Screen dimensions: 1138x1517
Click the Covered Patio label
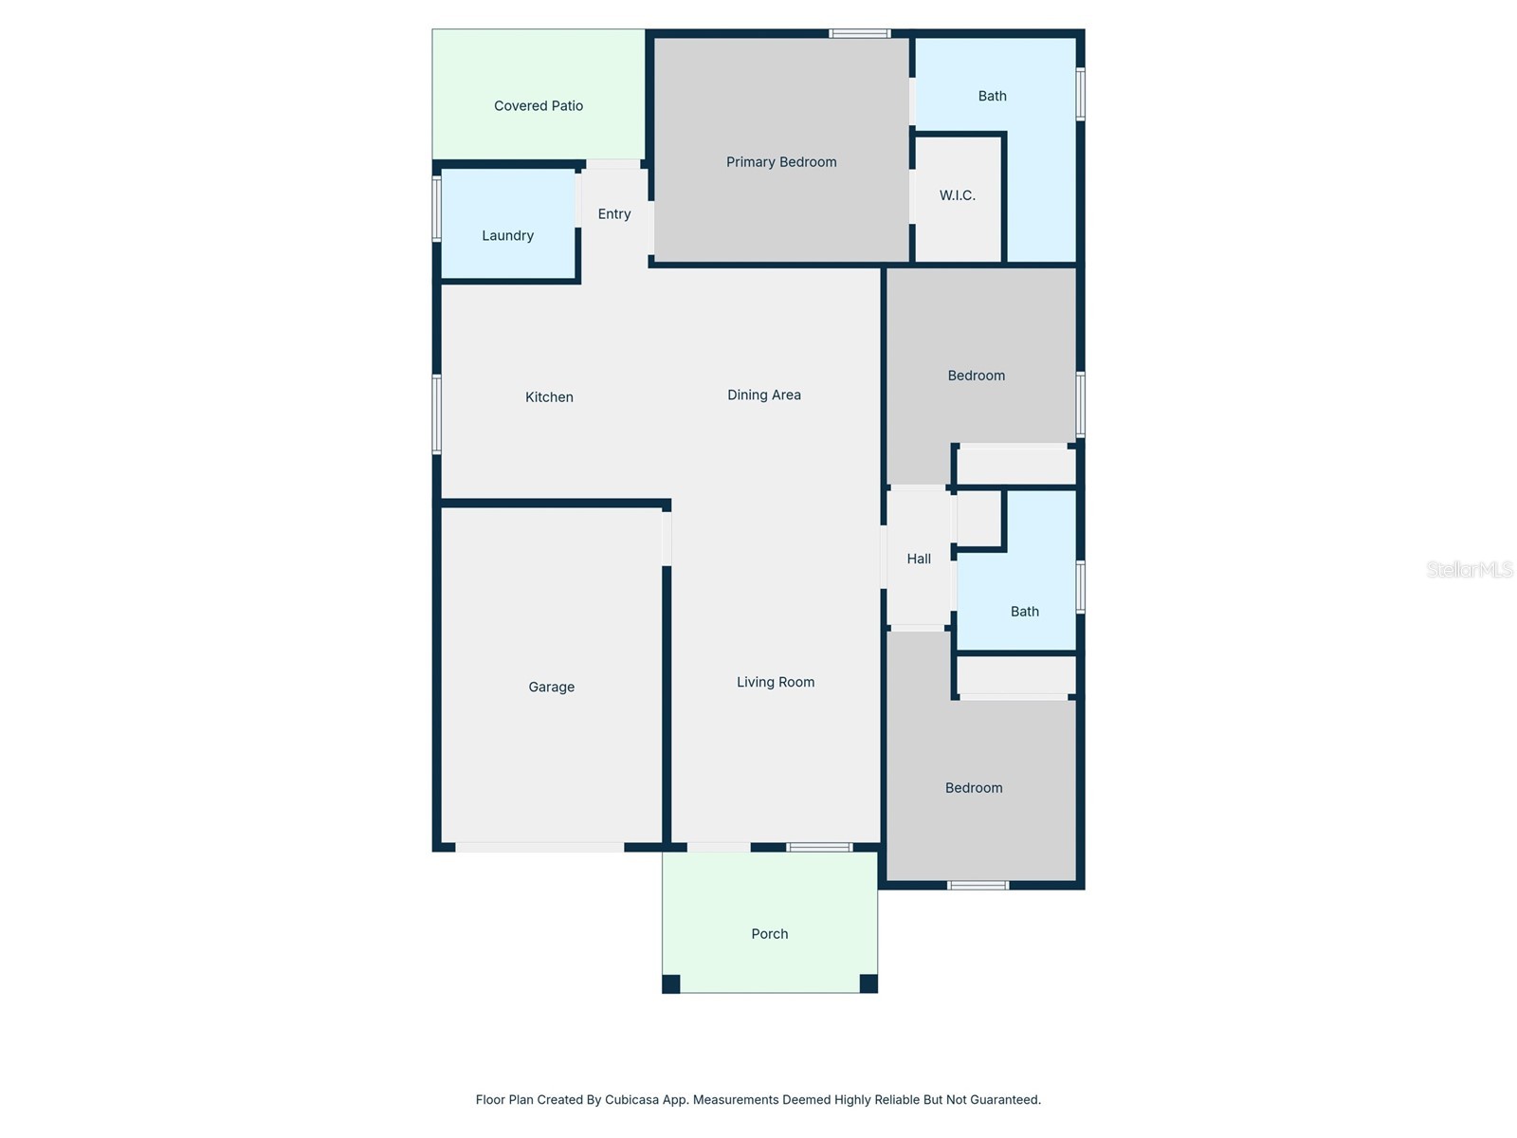click(x=539, y=106)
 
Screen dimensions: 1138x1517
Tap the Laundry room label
click(x=508, y=236)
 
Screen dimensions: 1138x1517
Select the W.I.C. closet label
click(x=958, y=195)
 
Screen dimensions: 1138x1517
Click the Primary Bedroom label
click(x=781, y=162)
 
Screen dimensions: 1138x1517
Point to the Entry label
click(x=614, y=214)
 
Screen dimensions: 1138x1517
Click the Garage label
click(x=552, y=688)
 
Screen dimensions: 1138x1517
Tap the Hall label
click(x=919, y=560)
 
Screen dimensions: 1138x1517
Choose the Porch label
click(x=770, y=934)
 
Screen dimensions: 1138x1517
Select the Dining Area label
click(x=764, y=395)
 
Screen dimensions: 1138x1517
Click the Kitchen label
click(x=550, y=397)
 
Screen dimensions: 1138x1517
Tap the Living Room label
click(x=776, y=683)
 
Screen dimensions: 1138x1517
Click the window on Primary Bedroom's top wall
click(x=860, y=34)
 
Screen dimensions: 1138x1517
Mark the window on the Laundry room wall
click(x=437, y=209)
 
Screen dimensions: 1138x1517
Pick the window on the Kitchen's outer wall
click(x=437, y=414)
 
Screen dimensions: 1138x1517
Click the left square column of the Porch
click(x=671, y=983)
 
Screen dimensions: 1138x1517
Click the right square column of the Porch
click(x=868, y=983)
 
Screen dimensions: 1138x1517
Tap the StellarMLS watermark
click(x=1470, y=569)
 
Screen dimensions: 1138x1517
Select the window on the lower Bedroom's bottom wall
click(x=978, y=886)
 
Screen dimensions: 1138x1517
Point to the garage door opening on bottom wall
click(x=539, y=847)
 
